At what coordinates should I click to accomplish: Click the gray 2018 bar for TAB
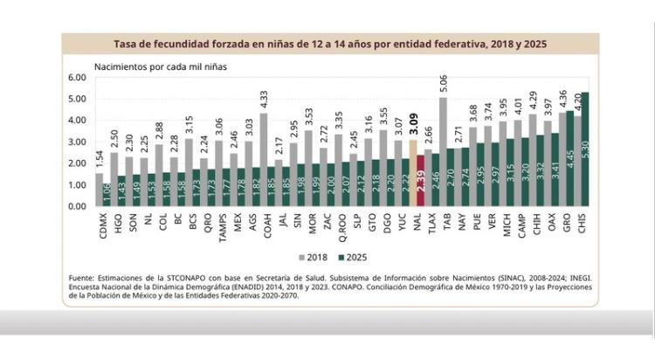point(442,149)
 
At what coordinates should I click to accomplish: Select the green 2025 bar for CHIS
point(585,149)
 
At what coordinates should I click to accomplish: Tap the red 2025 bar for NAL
point(420,180)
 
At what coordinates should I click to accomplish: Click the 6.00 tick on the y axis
point(76,78)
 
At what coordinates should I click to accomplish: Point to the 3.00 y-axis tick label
point(76,142)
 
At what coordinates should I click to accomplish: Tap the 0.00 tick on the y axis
point(76,206)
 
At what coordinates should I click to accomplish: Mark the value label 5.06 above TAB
point(444,84)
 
